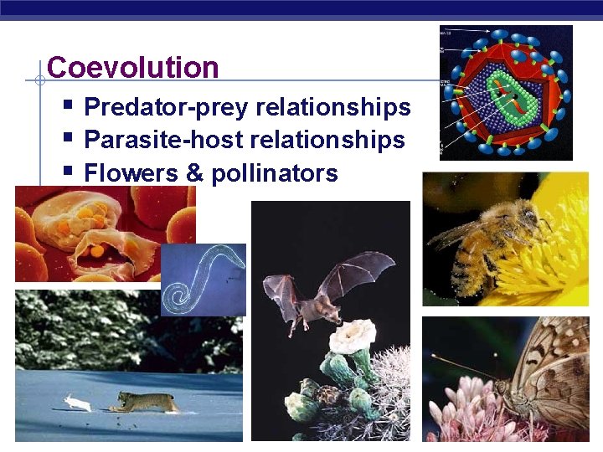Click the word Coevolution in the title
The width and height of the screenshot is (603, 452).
coord(133,68)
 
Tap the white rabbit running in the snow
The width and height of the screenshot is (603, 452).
coord(79,403)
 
